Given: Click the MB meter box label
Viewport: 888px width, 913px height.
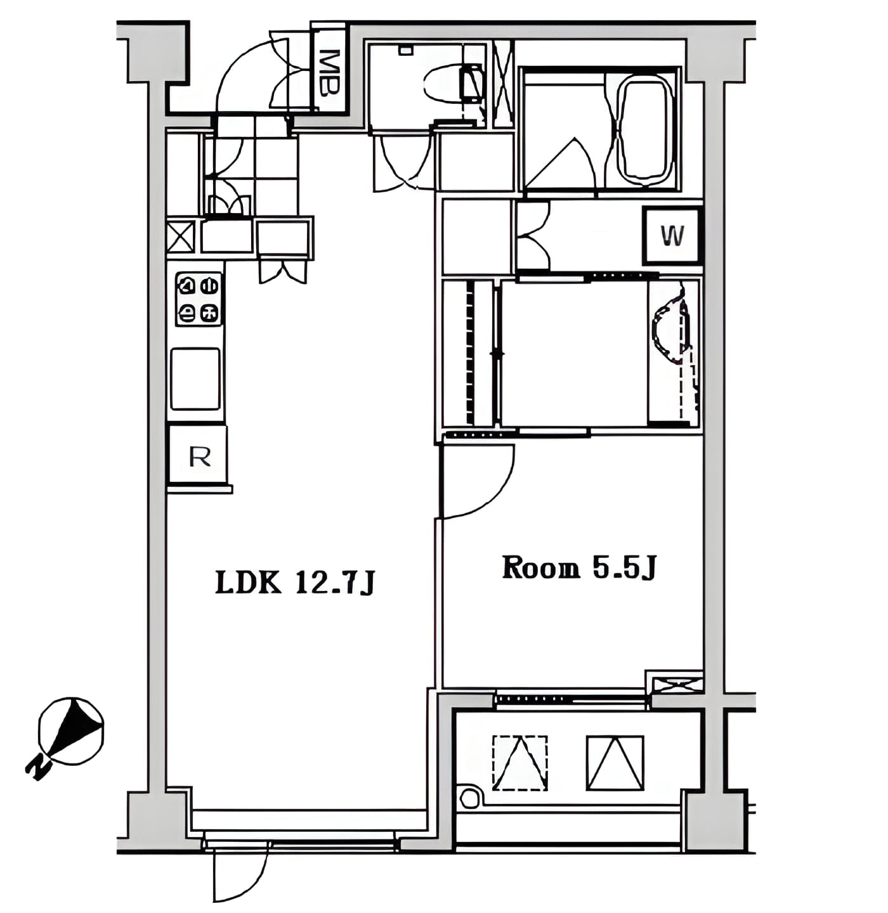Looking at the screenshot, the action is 329,73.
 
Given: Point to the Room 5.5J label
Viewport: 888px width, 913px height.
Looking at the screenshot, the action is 578,567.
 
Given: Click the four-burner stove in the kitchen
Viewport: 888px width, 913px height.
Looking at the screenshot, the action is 199,299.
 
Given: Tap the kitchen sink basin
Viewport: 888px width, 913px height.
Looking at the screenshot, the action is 195,379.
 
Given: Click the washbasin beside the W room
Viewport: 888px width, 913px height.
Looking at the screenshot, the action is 669,338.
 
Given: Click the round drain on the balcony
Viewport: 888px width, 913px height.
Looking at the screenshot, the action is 469,797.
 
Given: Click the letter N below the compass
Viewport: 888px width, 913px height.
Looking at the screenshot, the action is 39,768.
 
